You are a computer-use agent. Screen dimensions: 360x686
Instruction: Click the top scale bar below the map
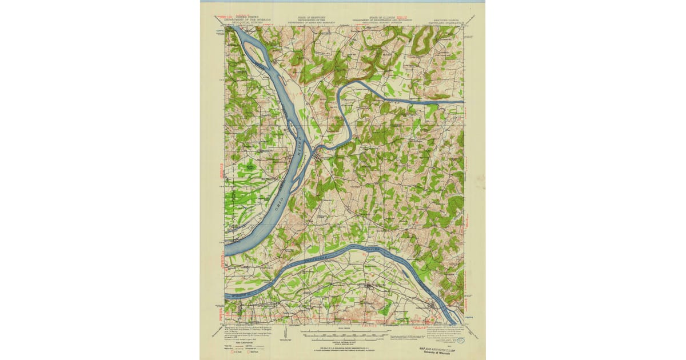(344, 330)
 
